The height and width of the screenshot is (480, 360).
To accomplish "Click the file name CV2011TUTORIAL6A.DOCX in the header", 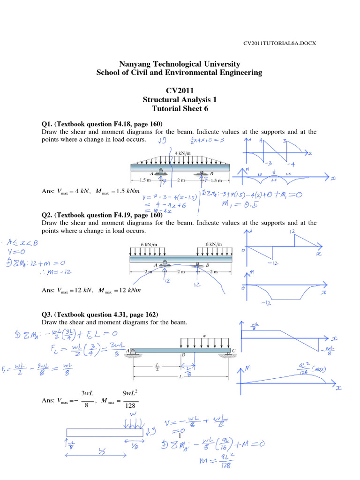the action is click(x=279, y=43).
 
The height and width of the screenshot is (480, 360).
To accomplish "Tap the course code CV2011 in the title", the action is click(x=180, y=90).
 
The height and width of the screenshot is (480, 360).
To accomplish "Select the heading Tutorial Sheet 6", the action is click(x=180, y=109).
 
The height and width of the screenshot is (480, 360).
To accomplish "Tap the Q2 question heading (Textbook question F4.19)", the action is click(x=102, y=215).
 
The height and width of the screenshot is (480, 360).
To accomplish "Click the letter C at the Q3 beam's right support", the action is click(x=234, y=350).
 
